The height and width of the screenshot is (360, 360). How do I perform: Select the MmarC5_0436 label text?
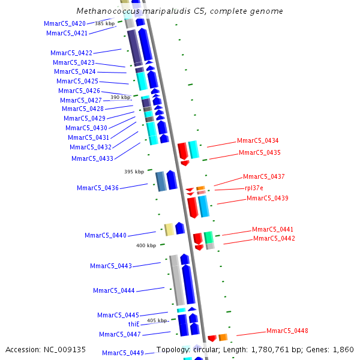(x=98, y=188)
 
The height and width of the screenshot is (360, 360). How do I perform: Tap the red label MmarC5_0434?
(x=257, y=140)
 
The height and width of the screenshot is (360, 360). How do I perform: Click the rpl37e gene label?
(x=254, y=188)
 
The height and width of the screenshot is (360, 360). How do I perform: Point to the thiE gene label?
(x=134, y=324)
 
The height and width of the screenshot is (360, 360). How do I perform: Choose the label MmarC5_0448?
(x=287, y=331)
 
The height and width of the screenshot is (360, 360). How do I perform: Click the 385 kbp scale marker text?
(x=104, y=23)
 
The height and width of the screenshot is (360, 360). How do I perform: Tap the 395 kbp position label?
(x=134, y=172)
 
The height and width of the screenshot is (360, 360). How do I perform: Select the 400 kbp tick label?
(x=146, y=245)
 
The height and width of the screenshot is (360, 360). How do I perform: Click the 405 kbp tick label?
(x=157, y=321)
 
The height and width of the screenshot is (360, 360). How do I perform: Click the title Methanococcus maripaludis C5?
(x=180, y=11)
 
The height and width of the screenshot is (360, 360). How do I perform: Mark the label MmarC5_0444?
(x=114, y=290)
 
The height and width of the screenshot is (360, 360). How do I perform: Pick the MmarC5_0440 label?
(x=106, y=235)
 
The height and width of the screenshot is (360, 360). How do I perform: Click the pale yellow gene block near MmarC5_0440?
(x=169, y=229)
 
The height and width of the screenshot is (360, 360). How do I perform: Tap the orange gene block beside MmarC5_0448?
(x=223, y=337)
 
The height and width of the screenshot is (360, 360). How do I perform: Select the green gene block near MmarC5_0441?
(x=208, y=237)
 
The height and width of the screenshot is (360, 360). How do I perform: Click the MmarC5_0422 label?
(x=71, y=53)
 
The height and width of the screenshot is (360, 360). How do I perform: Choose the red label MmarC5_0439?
(x=267, y=198)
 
